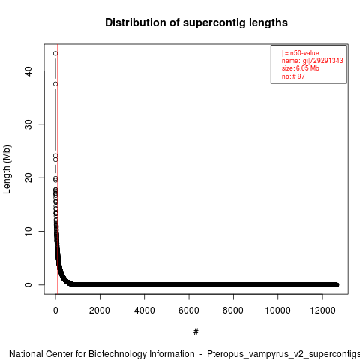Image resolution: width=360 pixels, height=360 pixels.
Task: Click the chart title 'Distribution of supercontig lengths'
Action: tap(196, 22)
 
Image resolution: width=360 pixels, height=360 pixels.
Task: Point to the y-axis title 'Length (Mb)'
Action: tap(7, 169)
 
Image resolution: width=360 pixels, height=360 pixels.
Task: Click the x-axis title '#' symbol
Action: tap(196, 331)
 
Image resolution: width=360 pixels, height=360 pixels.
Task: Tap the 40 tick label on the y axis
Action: tap(28, 70)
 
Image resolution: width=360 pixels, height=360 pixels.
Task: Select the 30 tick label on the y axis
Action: tap(28, 124)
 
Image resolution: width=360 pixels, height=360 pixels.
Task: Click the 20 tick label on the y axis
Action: tap(28, 178)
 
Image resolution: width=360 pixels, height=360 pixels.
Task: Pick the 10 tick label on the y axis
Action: tap(28, 231)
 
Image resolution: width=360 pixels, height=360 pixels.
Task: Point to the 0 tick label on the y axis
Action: tap(28, 284)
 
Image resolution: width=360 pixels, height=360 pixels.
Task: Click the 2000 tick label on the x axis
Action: tap(100, 310)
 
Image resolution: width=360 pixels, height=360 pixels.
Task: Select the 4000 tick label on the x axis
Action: tap(144, 310)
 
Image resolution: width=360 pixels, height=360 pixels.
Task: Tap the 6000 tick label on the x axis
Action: tap(189, 310)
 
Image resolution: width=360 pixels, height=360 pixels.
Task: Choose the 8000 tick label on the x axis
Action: tap(233, 310)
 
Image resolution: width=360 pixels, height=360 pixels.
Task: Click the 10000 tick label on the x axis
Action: tap(277, 310)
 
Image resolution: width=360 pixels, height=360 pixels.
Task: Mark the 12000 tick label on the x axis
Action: tap(322, 310)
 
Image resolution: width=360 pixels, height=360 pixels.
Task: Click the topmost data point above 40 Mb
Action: tap(55, 53)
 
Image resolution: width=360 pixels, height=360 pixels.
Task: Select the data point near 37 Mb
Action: tap(55, 84)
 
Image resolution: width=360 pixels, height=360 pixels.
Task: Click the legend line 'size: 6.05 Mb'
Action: tap(301, 68)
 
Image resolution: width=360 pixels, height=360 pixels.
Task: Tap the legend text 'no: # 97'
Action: tap(293, 76)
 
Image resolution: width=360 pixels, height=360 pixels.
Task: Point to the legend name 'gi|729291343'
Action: tap(322, 61)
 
